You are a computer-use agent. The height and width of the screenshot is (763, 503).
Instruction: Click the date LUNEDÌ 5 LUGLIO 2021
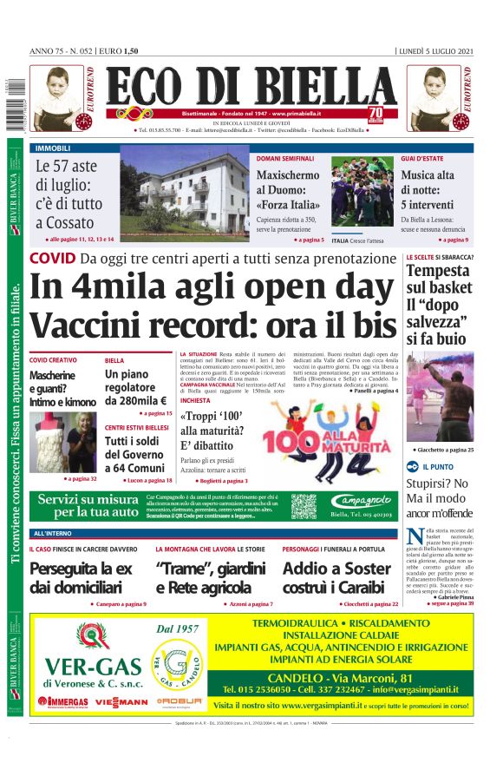[435, 52]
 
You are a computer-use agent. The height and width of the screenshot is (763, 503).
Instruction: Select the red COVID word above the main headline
[51, 258]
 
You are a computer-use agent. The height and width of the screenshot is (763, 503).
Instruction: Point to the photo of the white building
[184, 192]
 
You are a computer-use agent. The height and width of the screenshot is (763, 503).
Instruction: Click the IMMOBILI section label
[54, 148]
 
